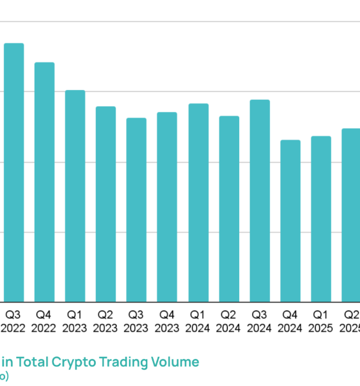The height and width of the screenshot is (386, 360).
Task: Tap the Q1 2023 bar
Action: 75,196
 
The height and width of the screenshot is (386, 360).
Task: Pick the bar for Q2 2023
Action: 105,204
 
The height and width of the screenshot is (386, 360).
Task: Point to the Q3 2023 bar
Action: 136,210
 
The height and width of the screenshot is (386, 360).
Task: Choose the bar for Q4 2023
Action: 167,207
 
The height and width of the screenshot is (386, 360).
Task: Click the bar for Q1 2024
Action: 198,203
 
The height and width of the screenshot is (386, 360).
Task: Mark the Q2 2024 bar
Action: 229,209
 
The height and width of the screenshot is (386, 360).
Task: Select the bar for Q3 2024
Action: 260,201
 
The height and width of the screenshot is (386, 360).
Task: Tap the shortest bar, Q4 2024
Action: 291,221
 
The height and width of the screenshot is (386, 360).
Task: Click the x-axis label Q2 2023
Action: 105,321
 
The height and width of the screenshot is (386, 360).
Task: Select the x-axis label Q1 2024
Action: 198,321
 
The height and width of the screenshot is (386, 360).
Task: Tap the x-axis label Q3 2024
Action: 260,321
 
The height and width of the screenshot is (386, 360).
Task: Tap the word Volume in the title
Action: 176,362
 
